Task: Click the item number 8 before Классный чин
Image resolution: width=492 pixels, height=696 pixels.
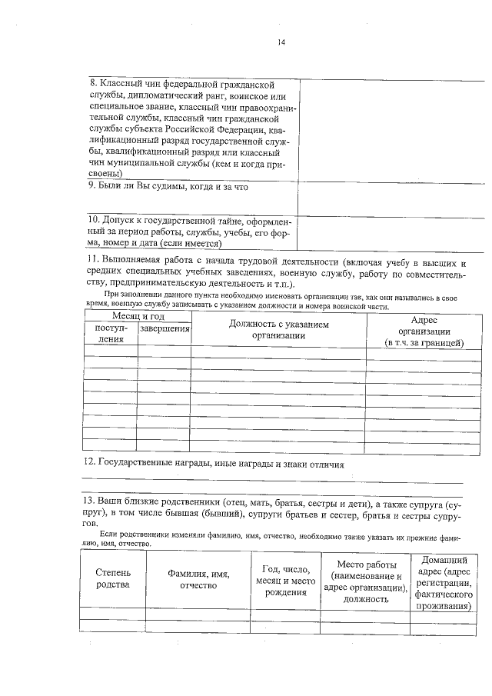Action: pos(94,84)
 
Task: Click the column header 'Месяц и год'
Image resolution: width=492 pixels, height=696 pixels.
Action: pos(138,316)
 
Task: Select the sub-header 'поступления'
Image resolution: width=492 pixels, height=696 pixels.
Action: pos(110,334)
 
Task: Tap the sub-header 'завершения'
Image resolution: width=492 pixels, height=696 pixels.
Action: pos(165,329)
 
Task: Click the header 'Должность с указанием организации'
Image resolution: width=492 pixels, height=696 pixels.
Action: pos(278,330)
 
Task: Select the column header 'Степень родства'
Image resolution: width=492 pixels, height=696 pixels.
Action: pos(113,579)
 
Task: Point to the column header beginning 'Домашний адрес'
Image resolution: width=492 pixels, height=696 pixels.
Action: pos(441,583)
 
